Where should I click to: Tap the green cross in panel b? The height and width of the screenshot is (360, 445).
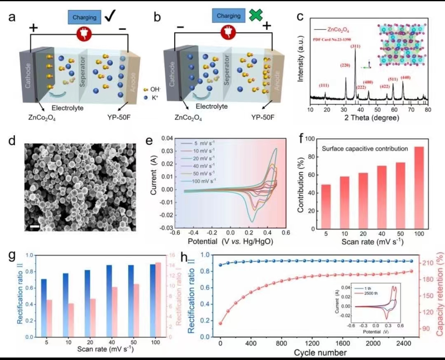[x=256, y=16]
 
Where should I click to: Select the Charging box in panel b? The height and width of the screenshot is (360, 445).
[x=229, y=16]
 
